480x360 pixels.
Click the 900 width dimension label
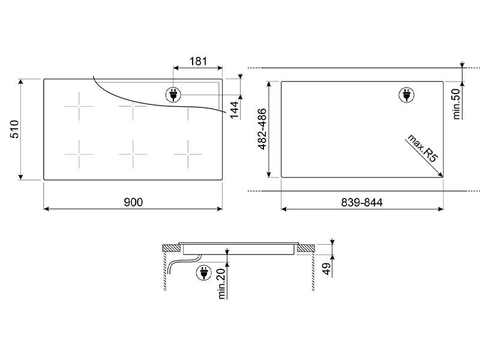(133, 202)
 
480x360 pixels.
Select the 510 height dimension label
(14, 129)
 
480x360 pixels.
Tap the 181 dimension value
(199, 61)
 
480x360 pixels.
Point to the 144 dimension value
(234, 110)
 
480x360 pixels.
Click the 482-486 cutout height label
(262, 129)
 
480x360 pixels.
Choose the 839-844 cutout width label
(362, 202)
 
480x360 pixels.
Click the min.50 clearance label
(456, 104)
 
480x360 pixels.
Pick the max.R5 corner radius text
(422, 148)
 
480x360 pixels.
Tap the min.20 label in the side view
(221, 283)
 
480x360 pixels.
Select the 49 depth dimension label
(326, 269)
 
